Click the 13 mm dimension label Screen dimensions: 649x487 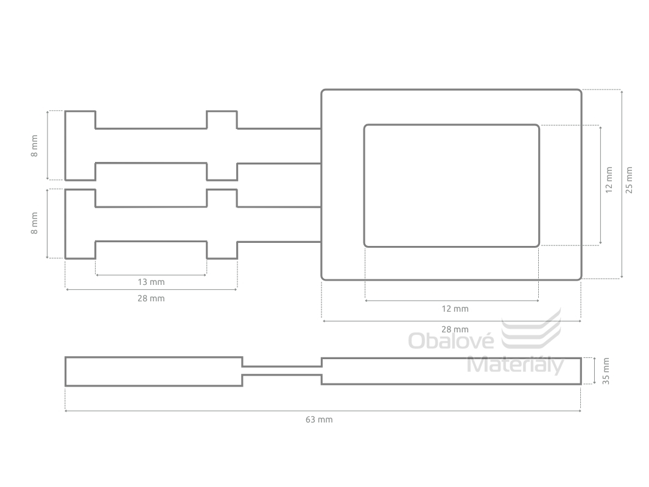coord(151,282)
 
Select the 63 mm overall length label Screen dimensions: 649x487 coord(319,419)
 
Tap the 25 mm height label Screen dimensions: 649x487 coord(629,180)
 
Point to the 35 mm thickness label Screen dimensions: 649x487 coord(606,371)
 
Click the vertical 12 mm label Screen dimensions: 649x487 coord(609,180)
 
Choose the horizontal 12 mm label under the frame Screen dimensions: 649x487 coord(455,309)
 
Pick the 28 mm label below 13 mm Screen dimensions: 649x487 coord(151,298)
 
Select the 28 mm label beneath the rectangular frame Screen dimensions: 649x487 coord(455,329)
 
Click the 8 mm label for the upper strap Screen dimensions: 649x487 coord(34,145)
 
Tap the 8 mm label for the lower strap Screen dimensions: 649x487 coord(34,223)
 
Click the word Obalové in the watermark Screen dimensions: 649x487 coord(451,341)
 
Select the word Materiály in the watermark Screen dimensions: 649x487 coord(515,365)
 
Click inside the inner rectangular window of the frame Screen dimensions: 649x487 coord(452,186)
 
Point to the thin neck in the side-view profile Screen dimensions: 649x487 coord(282,371)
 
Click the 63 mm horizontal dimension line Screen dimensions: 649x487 coord(323,411)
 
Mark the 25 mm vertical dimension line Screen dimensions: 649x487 coord(622,184)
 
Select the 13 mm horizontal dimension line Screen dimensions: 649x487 coord(151,275)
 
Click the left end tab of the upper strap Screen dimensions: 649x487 coord(80,145)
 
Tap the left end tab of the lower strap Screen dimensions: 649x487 coord(80,224)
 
